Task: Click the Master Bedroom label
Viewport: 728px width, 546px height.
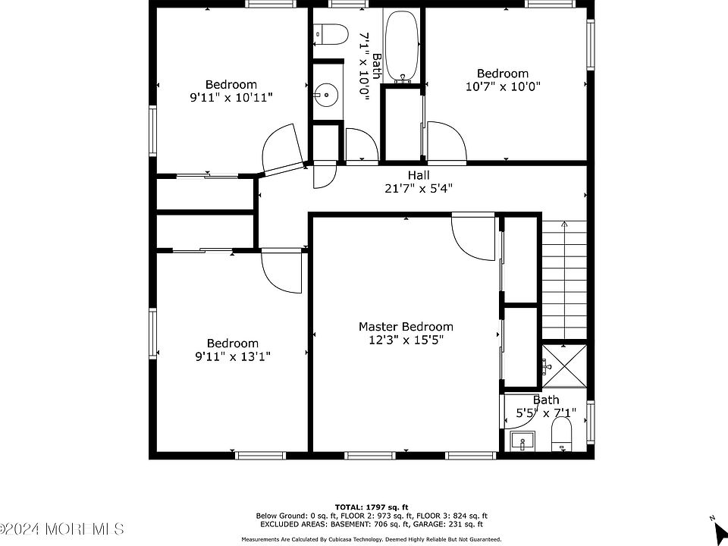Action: click(406, 326)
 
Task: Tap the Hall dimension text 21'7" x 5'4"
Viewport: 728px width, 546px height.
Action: click(419, 189)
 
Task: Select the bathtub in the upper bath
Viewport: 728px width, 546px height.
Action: click(402, 46)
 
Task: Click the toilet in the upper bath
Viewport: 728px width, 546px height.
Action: click(331, 34)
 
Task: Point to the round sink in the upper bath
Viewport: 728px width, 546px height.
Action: click(326, 96)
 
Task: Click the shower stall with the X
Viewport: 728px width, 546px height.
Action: click(564, 366)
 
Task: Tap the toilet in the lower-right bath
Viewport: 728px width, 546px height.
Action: click(562, 434)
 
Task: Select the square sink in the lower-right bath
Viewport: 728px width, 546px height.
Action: click(522, 441)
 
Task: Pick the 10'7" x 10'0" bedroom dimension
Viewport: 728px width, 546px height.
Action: click(503, 86)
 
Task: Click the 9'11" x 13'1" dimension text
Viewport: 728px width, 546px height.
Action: click(233, 356)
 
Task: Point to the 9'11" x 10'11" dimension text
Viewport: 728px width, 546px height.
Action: click(231, 98)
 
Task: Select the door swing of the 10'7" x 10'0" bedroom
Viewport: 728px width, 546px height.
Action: click(447, 141)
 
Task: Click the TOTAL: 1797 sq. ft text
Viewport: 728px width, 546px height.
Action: click(372, 507)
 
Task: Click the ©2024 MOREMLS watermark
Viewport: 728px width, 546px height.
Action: click(62, 529)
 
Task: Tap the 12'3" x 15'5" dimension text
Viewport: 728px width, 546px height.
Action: click(406, 340)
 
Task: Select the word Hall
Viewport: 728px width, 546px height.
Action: click(419, 175)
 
